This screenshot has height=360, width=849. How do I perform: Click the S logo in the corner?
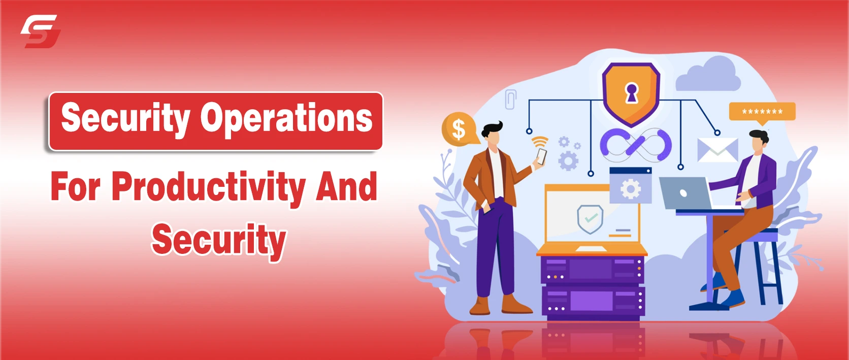tap(41, 31)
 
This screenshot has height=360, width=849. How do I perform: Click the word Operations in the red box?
tap(286, 118)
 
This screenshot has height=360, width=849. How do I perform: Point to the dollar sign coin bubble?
tap(459, 129)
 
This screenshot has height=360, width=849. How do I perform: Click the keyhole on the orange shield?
tap(631, 93)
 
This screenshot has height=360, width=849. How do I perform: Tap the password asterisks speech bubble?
tap(762, 113)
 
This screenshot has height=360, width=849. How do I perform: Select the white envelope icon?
tap(717, 150)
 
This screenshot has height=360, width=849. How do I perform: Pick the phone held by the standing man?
tap(541, 156)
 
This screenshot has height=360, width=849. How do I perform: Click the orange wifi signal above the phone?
tap(540, 142)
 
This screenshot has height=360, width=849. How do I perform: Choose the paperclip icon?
tap(510, 99)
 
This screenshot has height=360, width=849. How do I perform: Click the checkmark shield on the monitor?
tap(590, 219)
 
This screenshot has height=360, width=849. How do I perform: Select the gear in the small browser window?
tap(631, 189)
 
